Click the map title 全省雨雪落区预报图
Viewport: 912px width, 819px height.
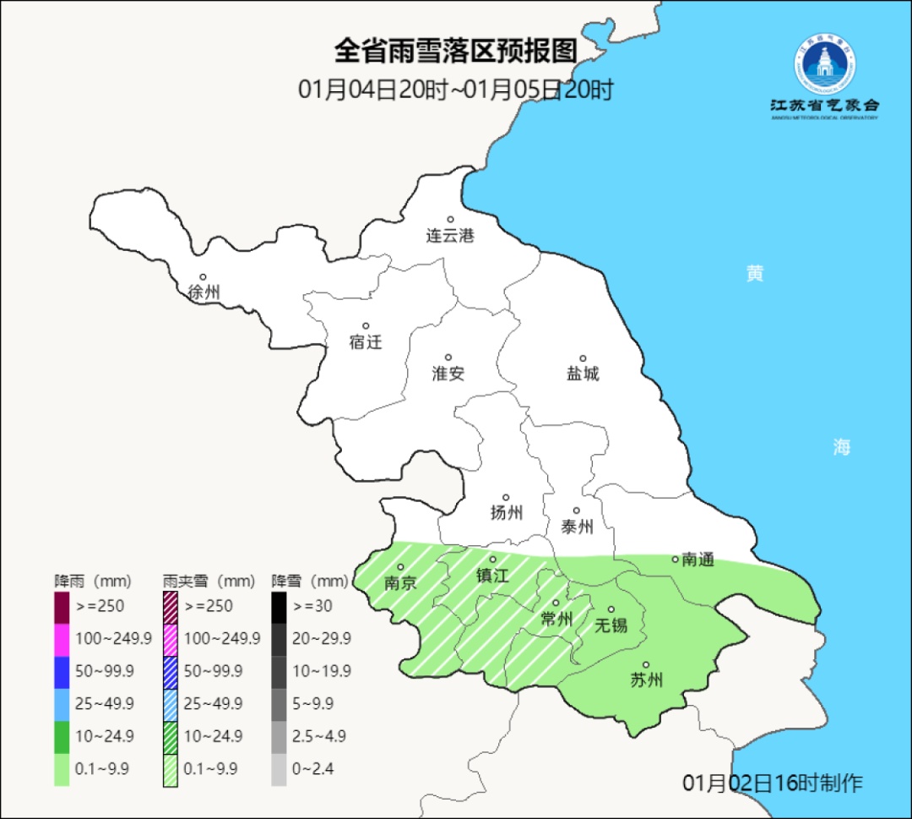tap(456, 51)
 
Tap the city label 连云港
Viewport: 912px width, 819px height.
tap(450, 236)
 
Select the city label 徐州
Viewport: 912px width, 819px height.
tap(204, 292)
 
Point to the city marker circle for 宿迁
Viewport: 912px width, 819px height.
tap(366, 326)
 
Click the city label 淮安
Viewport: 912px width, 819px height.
tap(448, 374)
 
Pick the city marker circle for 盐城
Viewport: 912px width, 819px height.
tap(582, 358)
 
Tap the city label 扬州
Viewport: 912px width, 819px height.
tap(507, 512)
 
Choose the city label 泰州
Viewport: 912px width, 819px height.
tap(577, 527)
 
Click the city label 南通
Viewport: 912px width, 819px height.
tap(698, 559)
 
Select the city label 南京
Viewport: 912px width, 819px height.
tap(400, 583)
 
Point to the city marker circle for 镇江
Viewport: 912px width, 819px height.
tap(492, 560)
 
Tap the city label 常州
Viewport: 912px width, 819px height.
tap(556, 620)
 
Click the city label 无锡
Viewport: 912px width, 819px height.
tap(611, 625)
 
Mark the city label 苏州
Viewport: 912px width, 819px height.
tap(646, 680)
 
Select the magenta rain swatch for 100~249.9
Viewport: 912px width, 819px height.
tap(62, 639)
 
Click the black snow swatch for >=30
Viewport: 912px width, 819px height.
tap(279, 606)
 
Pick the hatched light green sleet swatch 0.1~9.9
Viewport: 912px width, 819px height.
tap(170, 768)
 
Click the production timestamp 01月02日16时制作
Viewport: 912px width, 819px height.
tap(773, 783)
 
